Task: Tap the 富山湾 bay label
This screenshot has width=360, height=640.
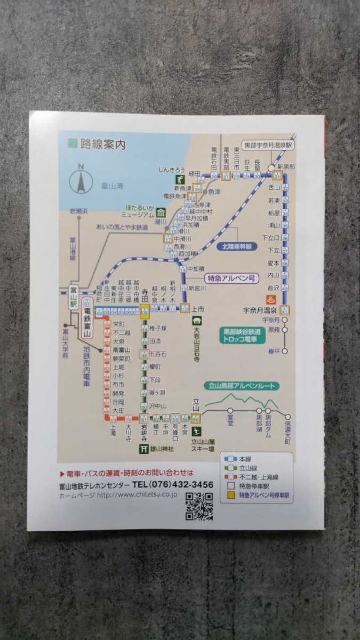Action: click(112, 186)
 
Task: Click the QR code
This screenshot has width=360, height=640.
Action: click(199, 506)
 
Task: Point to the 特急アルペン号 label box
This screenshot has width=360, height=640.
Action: click(230, 278)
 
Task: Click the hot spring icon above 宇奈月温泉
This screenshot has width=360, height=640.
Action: click(270, 299)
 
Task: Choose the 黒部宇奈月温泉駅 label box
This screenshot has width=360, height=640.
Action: click(269, 145)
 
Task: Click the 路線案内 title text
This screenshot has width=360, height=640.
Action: click(103, 143)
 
